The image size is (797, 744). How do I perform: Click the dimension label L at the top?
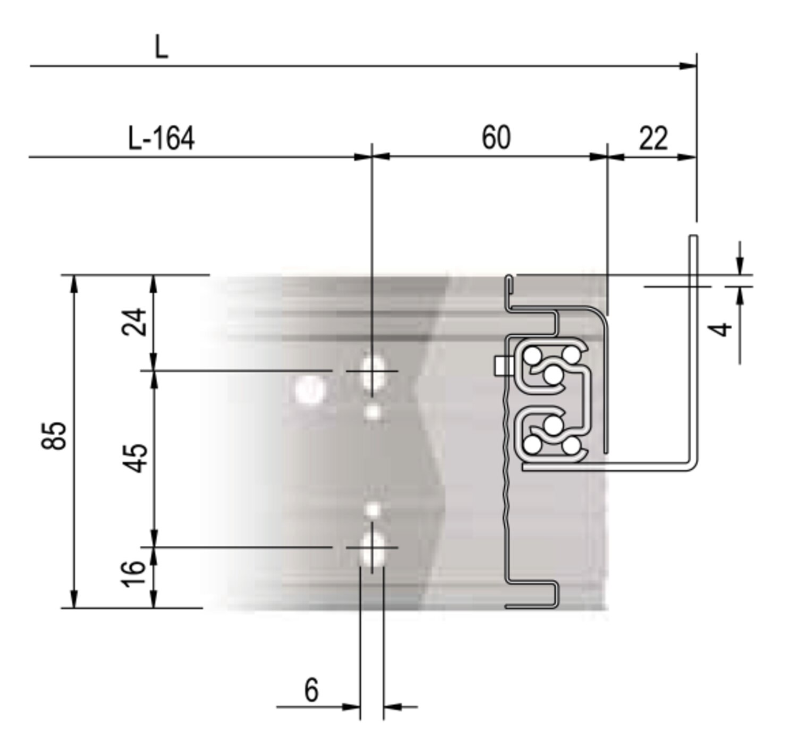(161, 47)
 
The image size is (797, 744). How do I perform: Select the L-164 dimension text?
(162, 139)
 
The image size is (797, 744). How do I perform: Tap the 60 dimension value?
(496, 138)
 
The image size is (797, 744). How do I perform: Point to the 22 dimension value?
(653, 139)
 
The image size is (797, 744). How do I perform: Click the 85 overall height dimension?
(54, 435)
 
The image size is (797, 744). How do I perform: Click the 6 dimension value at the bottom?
(311, 690)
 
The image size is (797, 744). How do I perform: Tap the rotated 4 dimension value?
(722, 329)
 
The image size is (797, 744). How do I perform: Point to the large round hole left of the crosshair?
(310, 390)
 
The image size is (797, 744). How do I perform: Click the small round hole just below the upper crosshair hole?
(373, 412)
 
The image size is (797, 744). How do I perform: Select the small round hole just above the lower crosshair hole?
(373, 510)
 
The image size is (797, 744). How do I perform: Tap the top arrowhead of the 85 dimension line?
(74, 283)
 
